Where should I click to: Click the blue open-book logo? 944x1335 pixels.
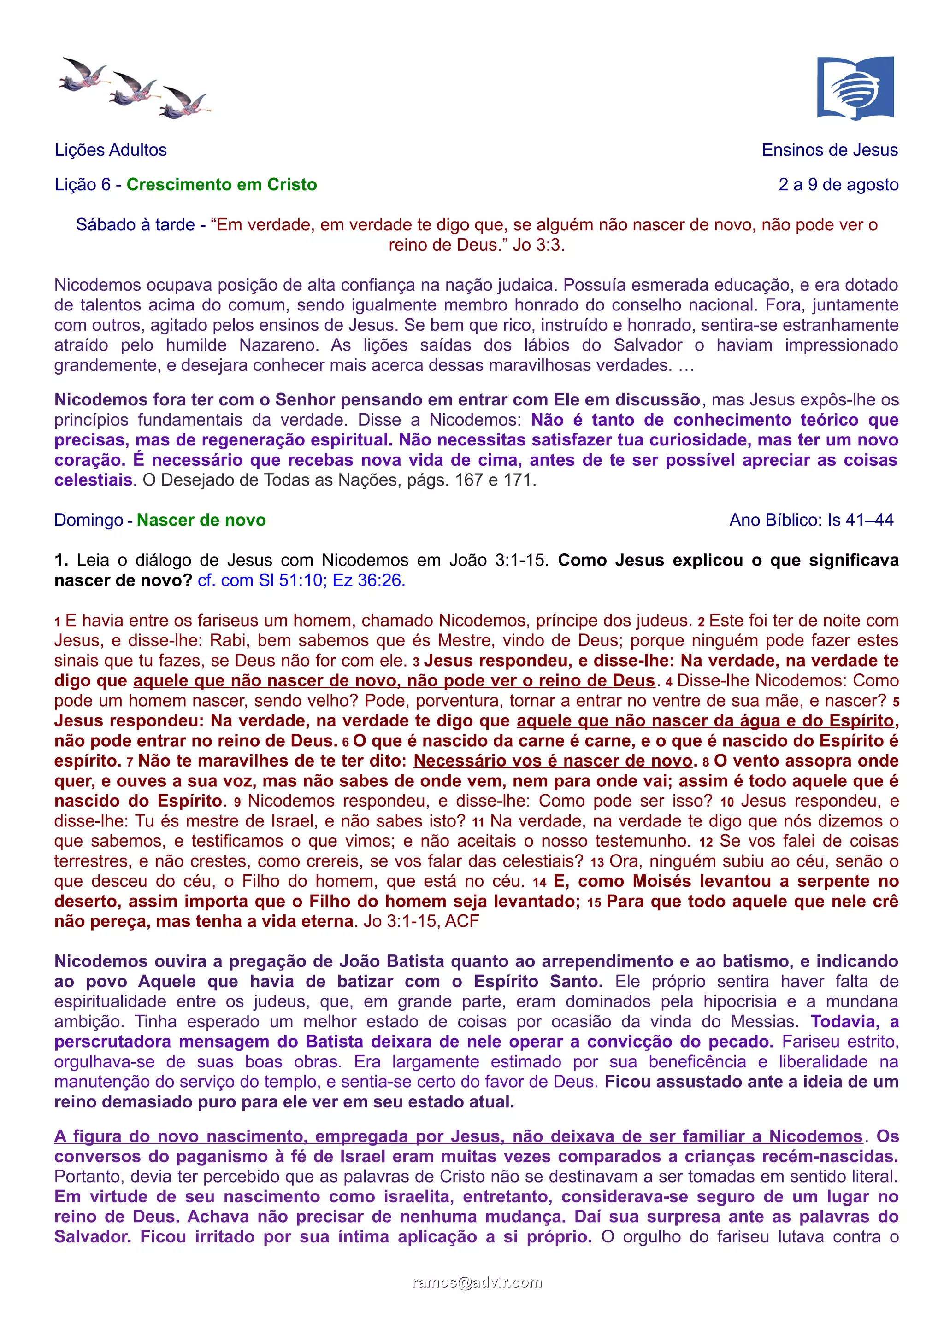855,88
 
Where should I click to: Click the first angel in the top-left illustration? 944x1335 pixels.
85,75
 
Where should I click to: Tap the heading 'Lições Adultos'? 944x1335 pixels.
111,150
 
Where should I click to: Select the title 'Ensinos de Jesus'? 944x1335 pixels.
829,150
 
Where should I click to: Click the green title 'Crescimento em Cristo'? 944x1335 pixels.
222,184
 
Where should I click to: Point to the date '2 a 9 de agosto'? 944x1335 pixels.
838,184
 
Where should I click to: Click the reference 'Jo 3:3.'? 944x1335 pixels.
538,245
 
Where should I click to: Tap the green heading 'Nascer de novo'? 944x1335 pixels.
201,520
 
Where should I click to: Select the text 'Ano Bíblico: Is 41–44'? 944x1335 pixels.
811,520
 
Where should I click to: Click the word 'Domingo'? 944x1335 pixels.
88,520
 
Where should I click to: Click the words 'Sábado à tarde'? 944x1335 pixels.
135,225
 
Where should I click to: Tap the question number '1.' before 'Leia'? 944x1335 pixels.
61,560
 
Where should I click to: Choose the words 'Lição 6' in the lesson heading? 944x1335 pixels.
82,184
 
